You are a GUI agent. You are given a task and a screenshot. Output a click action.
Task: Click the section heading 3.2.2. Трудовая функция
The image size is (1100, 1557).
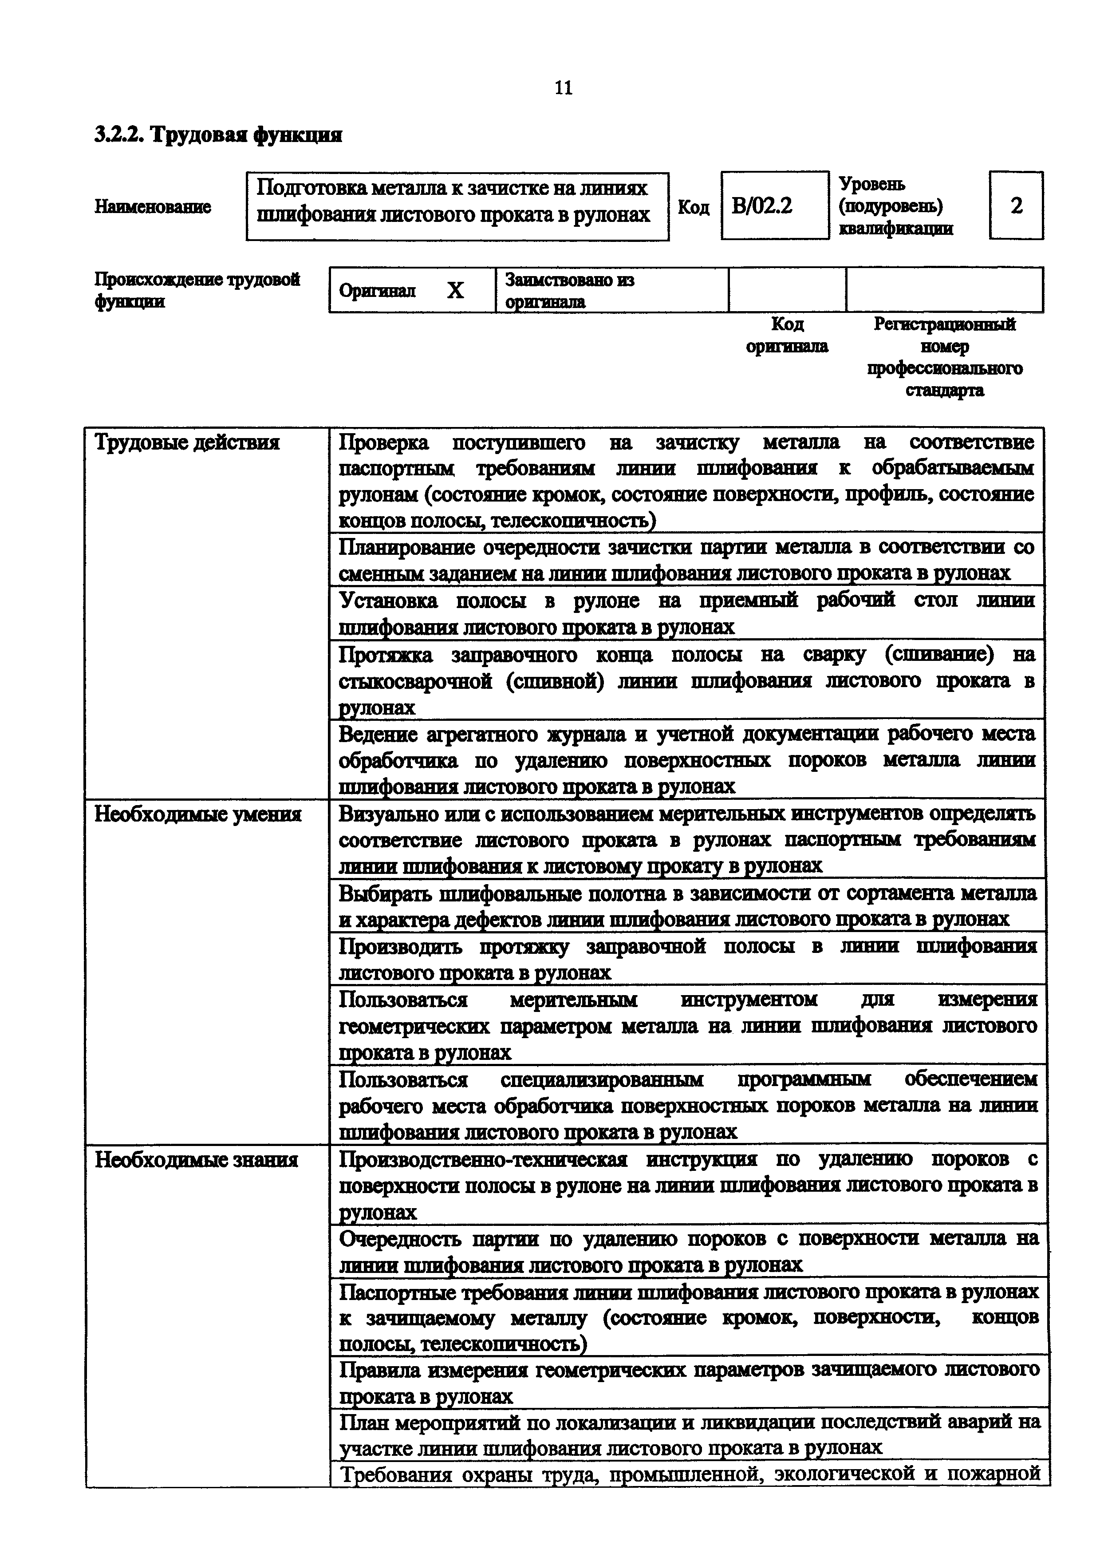tap(217, 135)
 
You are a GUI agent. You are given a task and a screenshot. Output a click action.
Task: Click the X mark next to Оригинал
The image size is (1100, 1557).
tap(455, 290)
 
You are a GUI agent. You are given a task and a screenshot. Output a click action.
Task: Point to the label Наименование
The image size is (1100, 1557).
tap(153, 206)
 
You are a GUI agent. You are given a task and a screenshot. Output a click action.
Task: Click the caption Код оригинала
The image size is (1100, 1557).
tap(787, 335)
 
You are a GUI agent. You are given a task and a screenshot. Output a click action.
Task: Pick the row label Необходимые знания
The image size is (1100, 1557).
tap(196, 1160)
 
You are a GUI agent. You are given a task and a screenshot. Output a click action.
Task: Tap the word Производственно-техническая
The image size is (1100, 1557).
tap(483, 1159)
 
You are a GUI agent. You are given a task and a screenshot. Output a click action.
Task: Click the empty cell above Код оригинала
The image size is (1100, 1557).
tap(787, 290)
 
